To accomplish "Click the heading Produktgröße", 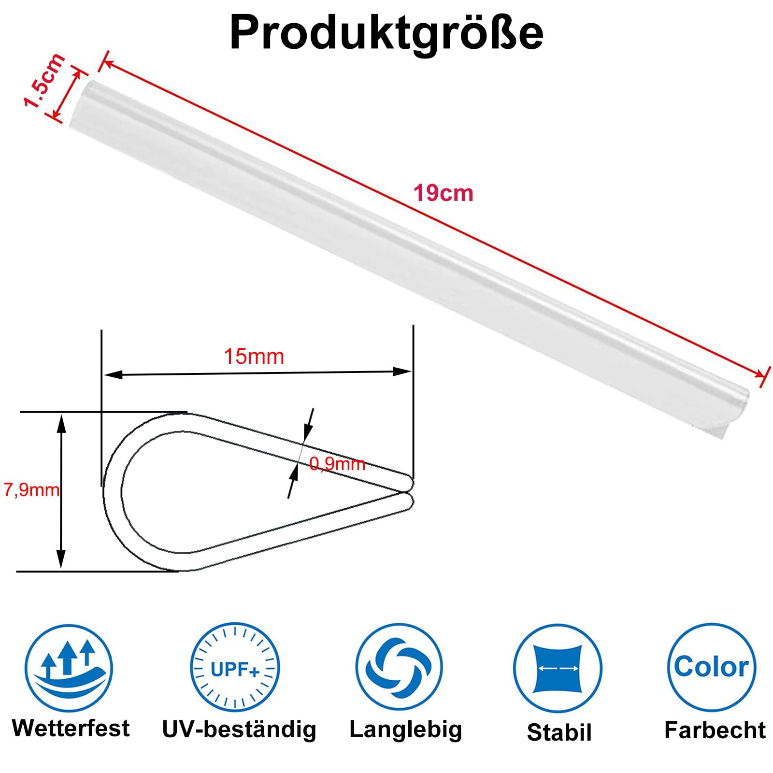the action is point(386,33).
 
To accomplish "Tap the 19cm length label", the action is point(443,193).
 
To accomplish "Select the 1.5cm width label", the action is point(44,80).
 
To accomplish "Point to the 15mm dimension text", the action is point(254,357).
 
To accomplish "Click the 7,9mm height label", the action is point(31,490).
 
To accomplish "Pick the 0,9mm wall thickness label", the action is point(337,464).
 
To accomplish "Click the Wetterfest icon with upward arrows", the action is point(69,668).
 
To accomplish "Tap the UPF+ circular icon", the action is point(235,667).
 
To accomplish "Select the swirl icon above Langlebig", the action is point(399,667).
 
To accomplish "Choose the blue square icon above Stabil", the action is point(558,668).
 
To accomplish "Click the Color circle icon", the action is point(712,667).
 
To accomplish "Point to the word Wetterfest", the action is point(71,728).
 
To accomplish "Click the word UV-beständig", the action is point(239,730).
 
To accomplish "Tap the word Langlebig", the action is point(406,730).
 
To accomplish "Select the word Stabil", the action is point(559,732).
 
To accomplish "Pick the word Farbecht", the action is point(715,730).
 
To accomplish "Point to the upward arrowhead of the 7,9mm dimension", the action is point(61,423).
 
